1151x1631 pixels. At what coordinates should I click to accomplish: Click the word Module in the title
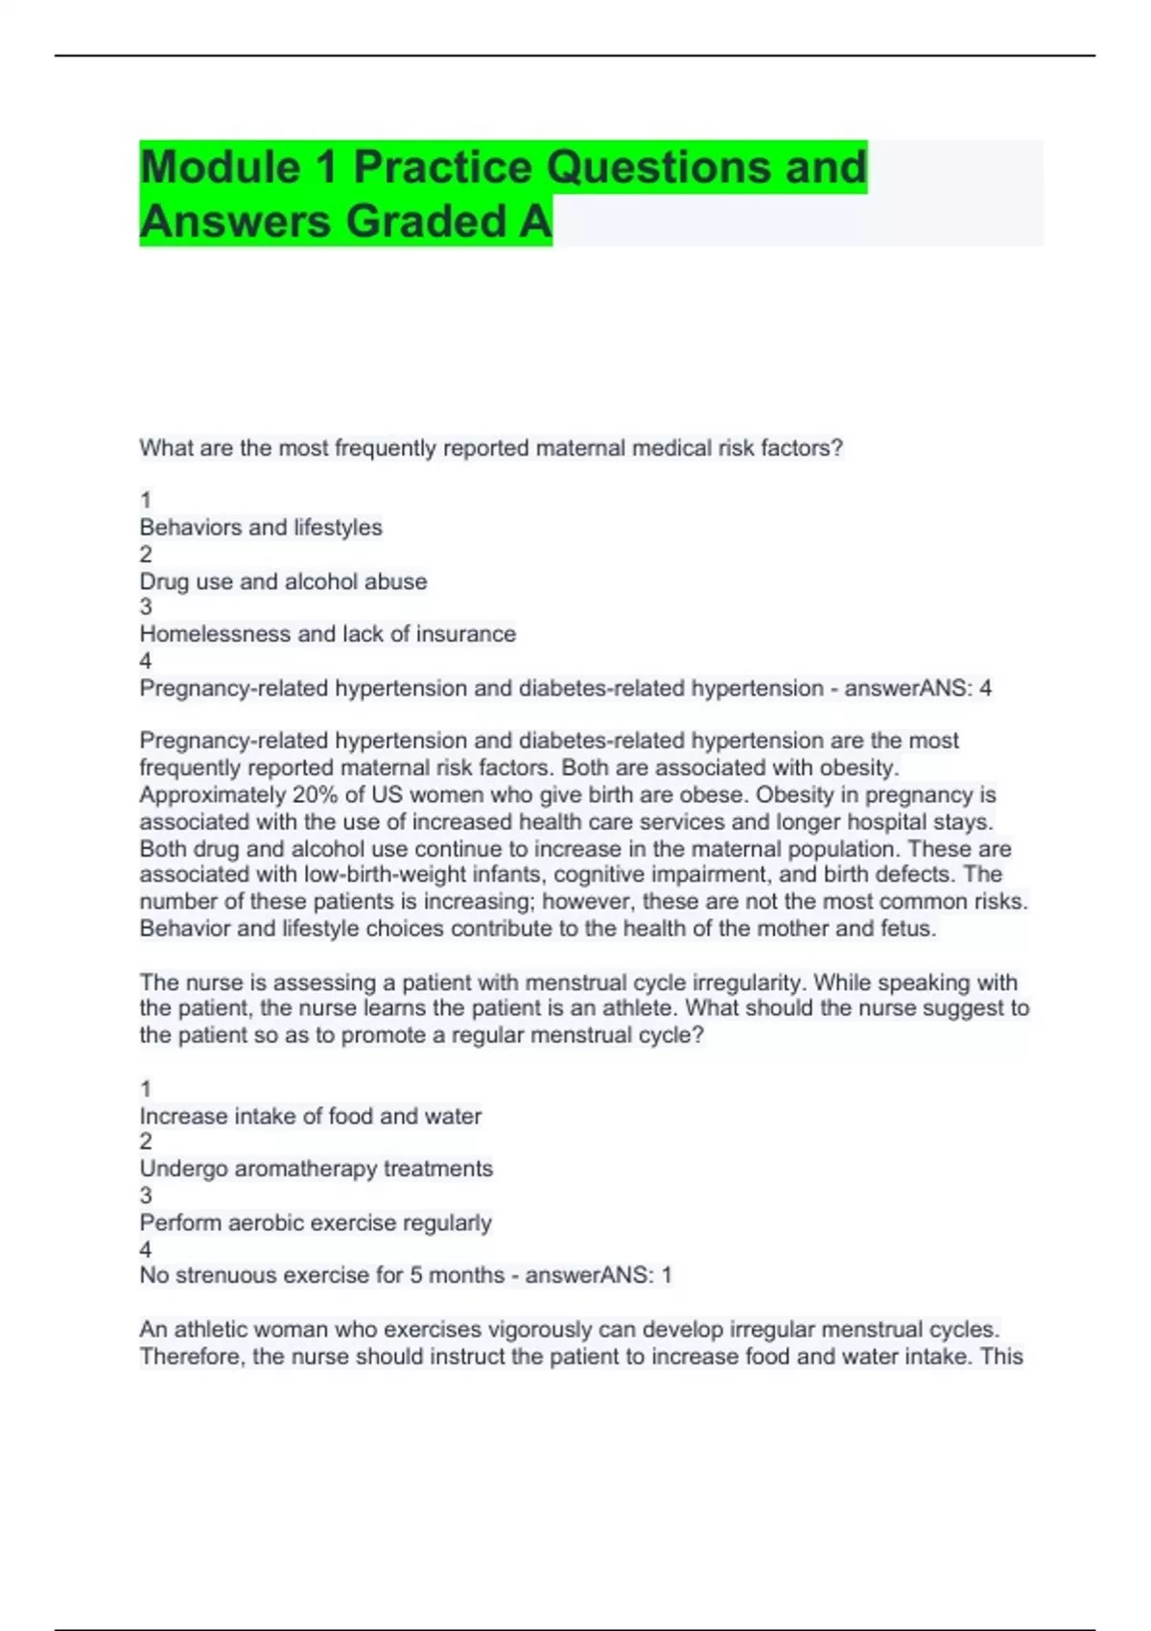coord(220,168)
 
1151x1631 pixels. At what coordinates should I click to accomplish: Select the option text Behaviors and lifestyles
coord(261,528)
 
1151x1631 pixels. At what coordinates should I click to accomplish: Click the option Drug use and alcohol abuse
coord(283,581)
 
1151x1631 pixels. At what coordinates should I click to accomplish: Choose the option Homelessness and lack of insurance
coord(327,634)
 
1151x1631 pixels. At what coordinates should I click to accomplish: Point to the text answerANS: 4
coord(918,689)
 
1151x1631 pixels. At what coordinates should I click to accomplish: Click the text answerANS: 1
coord(598,1275)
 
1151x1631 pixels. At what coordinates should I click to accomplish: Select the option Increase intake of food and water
coord(310,1116)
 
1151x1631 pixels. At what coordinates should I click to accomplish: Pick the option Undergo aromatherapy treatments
coord(316,1169)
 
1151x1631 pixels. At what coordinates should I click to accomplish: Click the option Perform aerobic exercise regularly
coord(315,1222)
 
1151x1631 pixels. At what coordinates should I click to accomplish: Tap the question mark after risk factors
coord(837,448)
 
